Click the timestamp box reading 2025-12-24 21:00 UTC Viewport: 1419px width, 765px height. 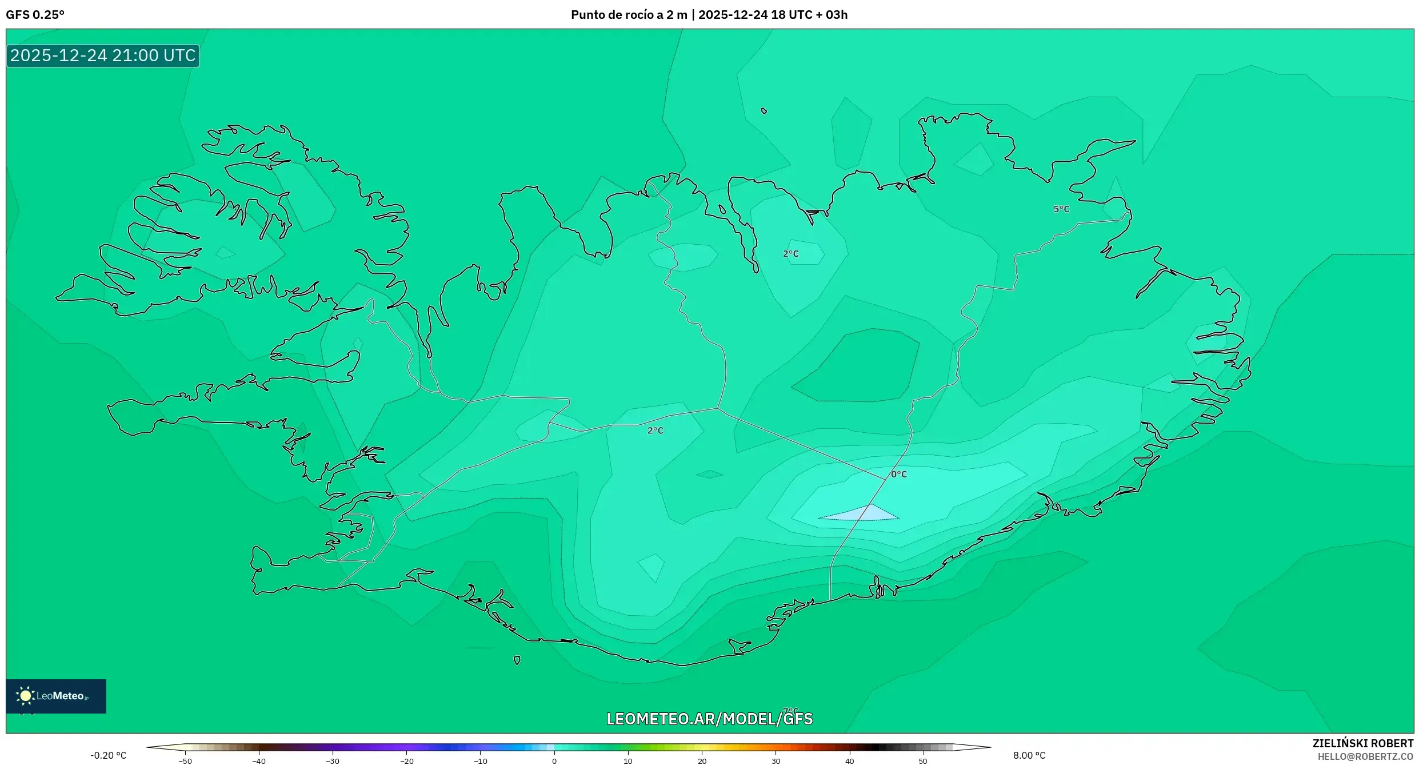(103, 55)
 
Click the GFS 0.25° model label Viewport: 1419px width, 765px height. (35, 15)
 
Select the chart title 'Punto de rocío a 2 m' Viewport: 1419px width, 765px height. (629, 15)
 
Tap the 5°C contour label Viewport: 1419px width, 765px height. (1061, 209)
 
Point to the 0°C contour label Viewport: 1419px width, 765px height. (899, 474)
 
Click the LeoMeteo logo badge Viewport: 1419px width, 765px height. (56, 696)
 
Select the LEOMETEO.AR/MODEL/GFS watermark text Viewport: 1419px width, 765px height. (709, 719)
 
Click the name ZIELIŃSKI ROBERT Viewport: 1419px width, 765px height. (1362, 743)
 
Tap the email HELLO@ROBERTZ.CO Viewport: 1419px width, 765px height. (1365, 756)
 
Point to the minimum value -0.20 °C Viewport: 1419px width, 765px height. (108, 755)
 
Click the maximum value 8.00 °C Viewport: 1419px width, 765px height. (1029, 755)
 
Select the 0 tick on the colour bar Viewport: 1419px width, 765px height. (554, 761)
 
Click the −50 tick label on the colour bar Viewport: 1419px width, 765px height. (185, 761)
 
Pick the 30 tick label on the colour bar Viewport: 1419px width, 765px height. (776, 761)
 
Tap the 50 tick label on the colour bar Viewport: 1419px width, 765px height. (923, 761)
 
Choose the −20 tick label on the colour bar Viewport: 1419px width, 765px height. (406, 761)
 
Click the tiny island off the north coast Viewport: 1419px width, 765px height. (764, 111)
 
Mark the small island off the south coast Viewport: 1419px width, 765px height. (517, 660)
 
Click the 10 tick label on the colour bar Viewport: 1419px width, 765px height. (627, 761)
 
